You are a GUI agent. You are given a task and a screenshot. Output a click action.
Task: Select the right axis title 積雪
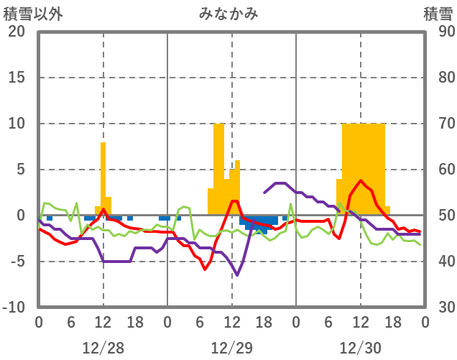438,14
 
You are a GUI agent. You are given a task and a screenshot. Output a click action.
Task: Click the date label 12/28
103,348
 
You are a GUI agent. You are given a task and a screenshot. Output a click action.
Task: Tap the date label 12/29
232,348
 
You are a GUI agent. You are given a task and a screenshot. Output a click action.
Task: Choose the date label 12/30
361,348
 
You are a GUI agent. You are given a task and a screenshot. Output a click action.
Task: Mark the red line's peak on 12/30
361,181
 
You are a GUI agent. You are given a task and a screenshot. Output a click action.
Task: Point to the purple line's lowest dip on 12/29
237,275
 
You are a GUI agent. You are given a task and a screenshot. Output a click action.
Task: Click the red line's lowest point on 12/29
205,269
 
